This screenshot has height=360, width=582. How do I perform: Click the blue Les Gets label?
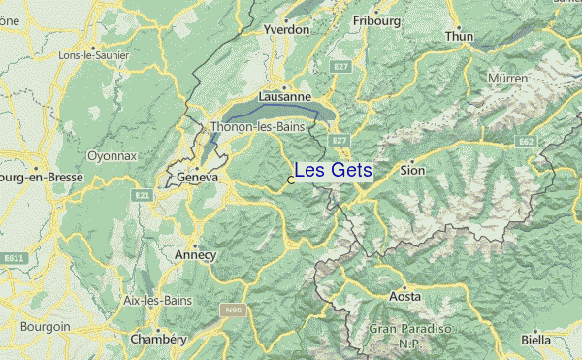[x=333, y=171]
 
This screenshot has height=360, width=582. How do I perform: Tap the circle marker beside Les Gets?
[x=291, y=180]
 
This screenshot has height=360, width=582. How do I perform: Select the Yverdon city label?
[x=286, y=30]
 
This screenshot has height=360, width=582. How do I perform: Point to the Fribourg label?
[x=376, y=20]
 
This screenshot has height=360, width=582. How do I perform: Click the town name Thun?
[x=459, y=37]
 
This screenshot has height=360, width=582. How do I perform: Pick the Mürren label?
[x=508, y=78]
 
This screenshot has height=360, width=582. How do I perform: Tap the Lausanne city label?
[x=285, y=97]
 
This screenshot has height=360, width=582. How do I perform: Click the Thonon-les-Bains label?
[x=257, y=127]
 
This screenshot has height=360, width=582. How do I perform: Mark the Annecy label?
[x=196, y=254]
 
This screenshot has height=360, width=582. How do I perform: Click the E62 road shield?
[x=527, y=142]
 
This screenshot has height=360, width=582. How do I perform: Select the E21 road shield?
[x=143, y=196]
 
